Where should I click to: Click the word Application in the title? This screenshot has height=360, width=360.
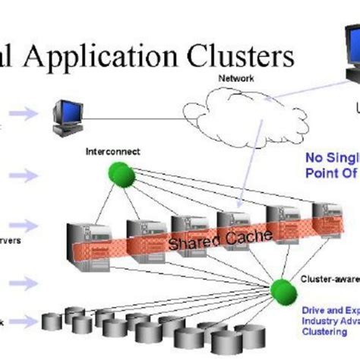(x=122, y=58)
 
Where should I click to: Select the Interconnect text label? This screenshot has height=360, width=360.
(x=113, y=152)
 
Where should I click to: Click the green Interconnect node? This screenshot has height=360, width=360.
(x=119, y=174)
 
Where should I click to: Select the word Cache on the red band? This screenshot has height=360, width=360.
(x=246, y=237)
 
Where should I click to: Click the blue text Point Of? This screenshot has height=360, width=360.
(x=331, y=172)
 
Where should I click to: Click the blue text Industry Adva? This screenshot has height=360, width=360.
(x=327, y=320)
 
